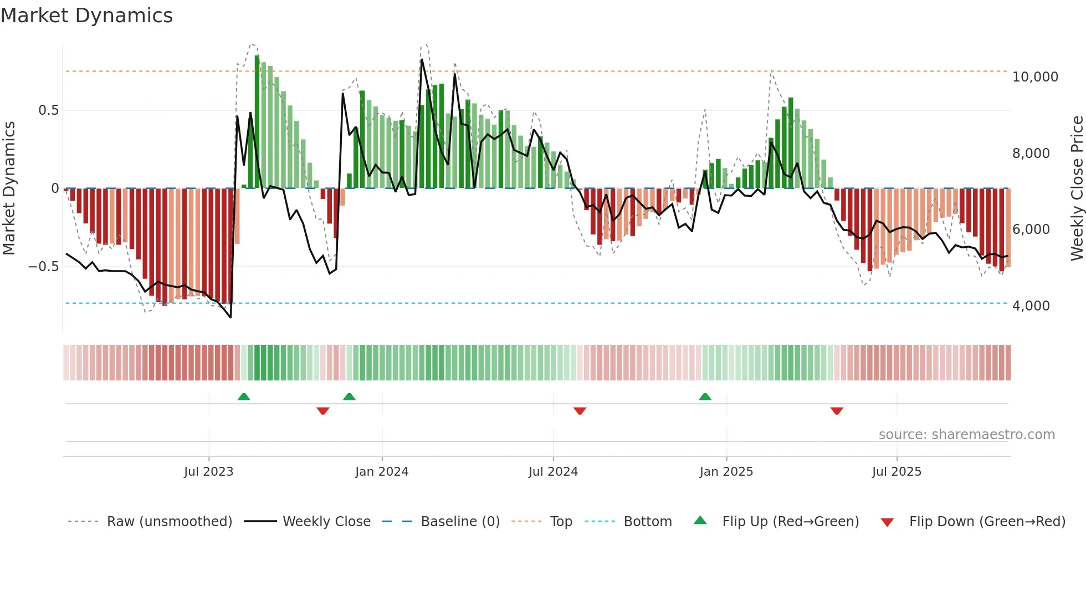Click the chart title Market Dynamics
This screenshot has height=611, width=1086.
(x=86, y=16)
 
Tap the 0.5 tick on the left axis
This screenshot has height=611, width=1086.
(x=48, y=110)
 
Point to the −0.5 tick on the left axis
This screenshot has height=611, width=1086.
(x=43, y=267)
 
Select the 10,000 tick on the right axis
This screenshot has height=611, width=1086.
(x=1034, y=77)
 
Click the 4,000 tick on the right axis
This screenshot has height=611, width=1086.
(x=1031, y=306)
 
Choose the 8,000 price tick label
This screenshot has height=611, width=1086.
(x=1031, y=154)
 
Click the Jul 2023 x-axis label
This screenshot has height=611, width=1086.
(x=208, y=472)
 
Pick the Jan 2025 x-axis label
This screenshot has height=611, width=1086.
(x=726, y=472)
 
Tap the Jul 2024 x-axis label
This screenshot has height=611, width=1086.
(x=553, y=472)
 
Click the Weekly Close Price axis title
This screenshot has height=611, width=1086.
(x=1077, y=189)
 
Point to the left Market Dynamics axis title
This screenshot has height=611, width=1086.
(x=9, y=189)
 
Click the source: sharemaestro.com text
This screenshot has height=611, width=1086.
(x=966, y=435)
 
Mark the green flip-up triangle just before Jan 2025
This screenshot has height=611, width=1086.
(x=705, y=397)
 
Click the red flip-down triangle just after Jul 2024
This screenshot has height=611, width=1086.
(x=580, y=411)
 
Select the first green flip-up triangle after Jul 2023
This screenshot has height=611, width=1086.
(x=244, y=397)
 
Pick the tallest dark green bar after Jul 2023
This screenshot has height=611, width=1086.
(x=257, y=122)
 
